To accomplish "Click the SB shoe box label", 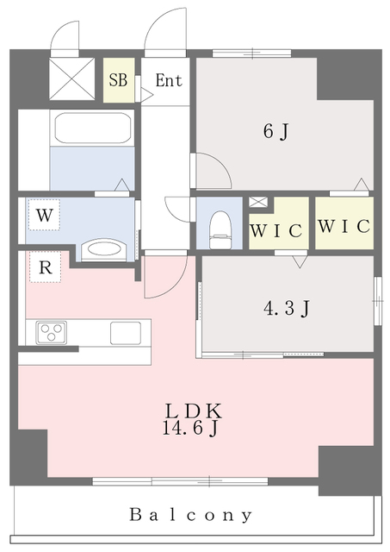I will click(118, 81).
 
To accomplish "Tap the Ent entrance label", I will click(168, 81).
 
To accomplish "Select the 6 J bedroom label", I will click(275, 132).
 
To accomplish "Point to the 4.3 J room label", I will click(284, 307).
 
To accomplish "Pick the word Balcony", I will click(191, 515).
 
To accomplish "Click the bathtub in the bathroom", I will click(93, 129).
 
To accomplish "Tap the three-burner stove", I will click(51, 331).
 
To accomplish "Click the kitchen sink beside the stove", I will click(129, 332).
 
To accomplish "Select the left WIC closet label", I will click(276, 230).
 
